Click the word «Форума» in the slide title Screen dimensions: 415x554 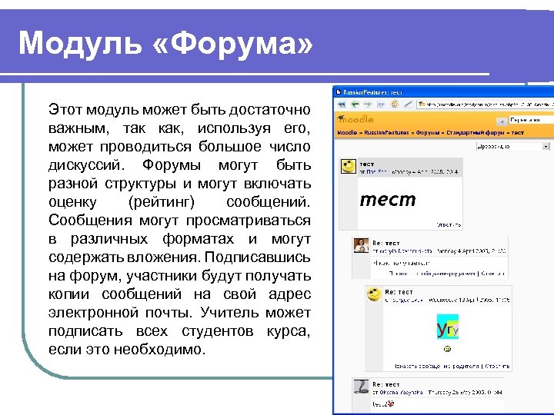[x=234, y=44]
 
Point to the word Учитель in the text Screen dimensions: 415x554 [x=232, y=313]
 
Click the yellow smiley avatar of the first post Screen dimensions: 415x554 [x=348, y=166]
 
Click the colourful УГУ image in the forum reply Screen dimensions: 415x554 [x=447, y=328]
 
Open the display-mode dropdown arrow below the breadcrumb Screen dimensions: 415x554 [x=546, y=145]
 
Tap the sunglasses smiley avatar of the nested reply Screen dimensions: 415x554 [x=375, y=295]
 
